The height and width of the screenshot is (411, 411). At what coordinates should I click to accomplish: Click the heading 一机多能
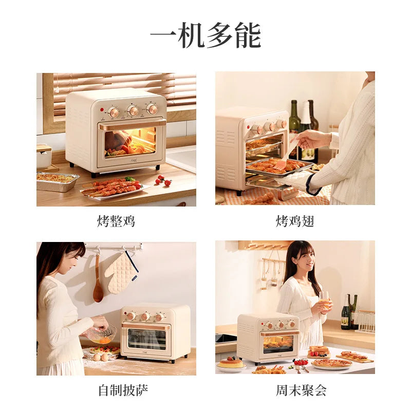pos(206,36)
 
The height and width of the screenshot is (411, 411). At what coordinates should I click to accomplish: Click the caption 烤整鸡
pos(116,221)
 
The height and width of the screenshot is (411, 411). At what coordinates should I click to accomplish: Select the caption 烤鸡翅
pos(295,221)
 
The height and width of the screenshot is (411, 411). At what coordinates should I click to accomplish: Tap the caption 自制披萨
pos(116,390)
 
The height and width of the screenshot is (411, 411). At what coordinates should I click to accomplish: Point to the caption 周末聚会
pos(295,390)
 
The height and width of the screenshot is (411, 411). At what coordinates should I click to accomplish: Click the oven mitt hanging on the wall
pos(120,273)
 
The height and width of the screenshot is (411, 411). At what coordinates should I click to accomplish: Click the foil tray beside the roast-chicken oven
pos(57,181)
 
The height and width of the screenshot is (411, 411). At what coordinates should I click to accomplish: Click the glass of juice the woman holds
pos(324,298)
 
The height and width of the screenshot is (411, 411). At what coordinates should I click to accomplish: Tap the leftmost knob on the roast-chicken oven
pos(114,112)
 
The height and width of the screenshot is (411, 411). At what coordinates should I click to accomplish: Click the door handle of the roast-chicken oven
pos(133,124)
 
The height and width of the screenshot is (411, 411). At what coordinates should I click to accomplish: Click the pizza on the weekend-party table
pos(331,363)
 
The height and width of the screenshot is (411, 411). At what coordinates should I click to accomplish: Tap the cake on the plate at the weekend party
pos(231,362)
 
